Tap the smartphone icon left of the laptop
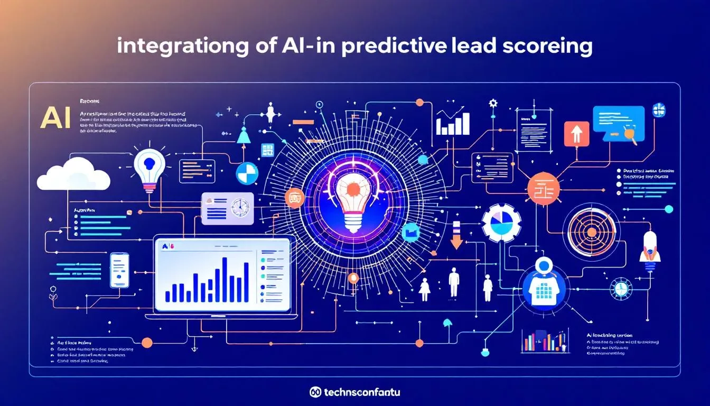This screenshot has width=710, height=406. [119, 270]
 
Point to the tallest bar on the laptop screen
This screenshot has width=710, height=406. [225, 279]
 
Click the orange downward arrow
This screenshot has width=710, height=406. [456, 236]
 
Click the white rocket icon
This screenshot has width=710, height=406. [650, 248]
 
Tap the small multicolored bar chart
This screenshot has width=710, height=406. [545, 340]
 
